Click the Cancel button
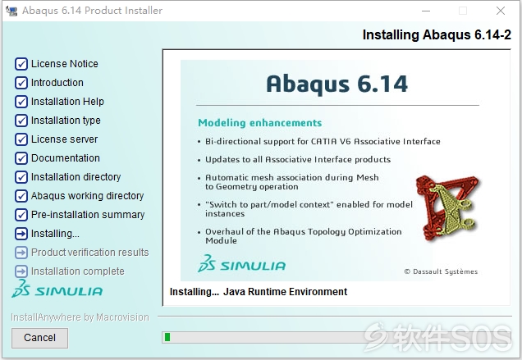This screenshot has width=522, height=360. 39,338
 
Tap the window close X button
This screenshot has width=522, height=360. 501,11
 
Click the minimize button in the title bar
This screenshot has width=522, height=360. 426,11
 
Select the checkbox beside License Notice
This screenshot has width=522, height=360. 21,63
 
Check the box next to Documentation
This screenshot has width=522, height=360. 21,158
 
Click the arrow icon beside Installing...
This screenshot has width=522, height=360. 21,234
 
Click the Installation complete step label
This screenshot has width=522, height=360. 78,271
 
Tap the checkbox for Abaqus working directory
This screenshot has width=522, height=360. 21,196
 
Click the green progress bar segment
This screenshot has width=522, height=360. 167,337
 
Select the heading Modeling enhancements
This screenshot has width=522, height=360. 259,123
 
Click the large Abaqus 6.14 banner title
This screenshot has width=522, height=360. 337,84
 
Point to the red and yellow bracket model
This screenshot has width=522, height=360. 447,208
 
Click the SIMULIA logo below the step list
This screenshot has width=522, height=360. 57,289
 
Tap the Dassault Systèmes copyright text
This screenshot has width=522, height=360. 441,271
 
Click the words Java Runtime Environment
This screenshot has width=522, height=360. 285,292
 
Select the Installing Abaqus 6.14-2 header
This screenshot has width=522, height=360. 437,35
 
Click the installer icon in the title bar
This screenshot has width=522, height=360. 11,11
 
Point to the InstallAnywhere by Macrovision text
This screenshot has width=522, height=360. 80,317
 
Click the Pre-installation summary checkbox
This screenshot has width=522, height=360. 21,215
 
